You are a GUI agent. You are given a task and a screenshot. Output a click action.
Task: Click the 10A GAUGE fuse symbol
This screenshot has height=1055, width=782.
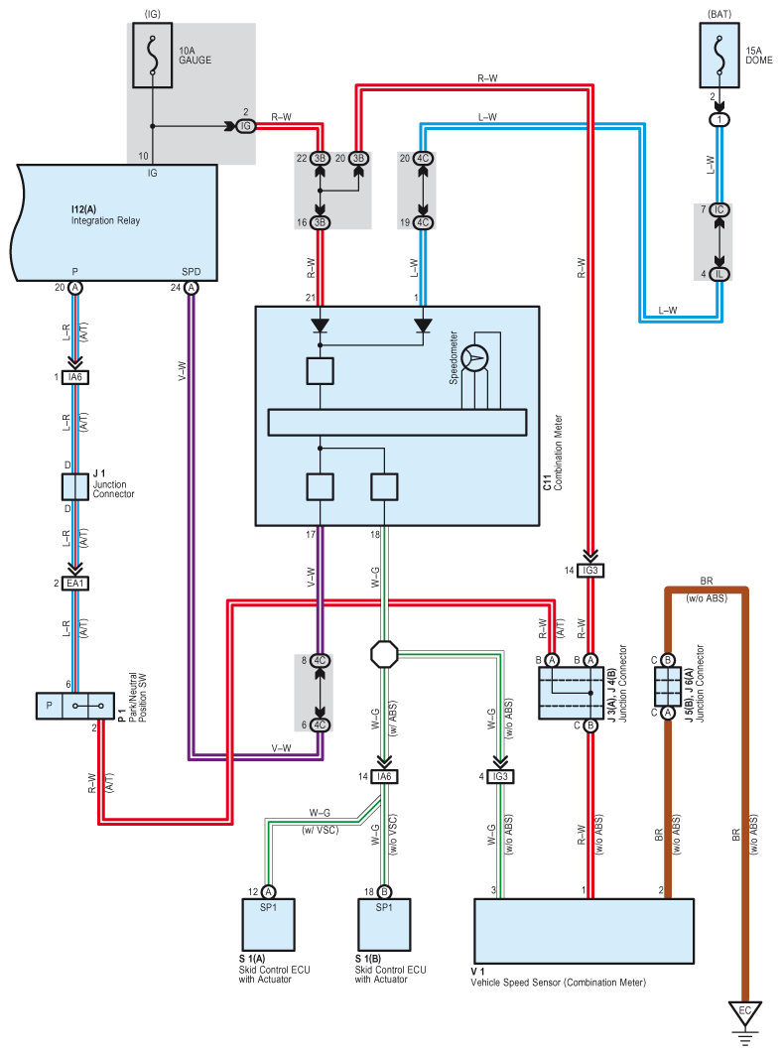point(152,56)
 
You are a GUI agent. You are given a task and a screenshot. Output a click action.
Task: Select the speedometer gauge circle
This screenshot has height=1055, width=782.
point(476,358)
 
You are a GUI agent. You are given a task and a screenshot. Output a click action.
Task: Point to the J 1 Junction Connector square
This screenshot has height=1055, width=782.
point(76,486)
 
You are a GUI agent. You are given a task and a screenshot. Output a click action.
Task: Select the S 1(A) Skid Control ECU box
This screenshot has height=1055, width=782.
point(269,924)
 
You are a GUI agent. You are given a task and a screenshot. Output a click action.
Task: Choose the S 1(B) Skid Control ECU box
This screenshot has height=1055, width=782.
point(384,924)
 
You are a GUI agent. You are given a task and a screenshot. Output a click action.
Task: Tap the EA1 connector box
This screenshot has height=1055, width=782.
point(76,584)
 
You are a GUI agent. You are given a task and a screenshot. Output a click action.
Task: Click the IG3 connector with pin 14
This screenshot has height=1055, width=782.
point(589,570)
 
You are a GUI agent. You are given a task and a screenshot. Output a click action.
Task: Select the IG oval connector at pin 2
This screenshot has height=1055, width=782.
point(244,126)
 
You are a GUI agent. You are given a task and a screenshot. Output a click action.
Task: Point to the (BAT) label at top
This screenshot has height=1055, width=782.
point(719,13)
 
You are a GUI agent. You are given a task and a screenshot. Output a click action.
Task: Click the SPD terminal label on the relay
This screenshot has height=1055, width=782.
point(192,271)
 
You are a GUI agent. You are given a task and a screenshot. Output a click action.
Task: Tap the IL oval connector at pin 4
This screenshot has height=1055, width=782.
point(719,273)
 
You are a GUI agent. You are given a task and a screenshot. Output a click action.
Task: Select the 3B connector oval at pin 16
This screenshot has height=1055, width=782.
point(320,222)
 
